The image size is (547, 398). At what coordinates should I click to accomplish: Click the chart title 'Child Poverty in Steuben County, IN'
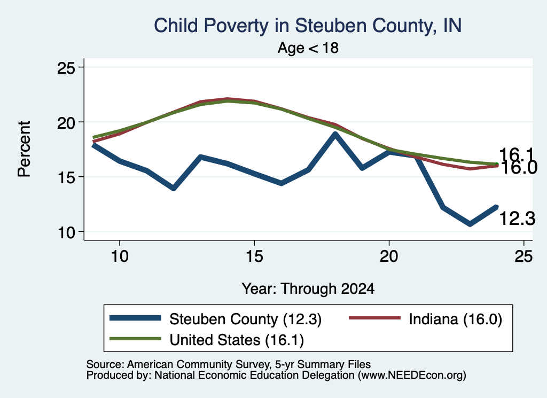coord(308,26)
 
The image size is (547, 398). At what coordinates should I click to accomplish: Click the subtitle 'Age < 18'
coord(308,48)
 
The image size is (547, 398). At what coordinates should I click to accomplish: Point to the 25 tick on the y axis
coord(66,67)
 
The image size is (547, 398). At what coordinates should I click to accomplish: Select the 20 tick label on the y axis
coord(66,122)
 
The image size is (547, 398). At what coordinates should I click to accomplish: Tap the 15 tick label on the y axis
coord(66,177)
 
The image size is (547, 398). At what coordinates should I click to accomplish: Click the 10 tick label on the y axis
coord(66,232)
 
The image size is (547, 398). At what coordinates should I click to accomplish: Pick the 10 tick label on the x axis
coord(120,256)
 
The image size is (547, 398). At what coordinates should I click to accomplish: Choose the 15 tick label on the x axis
coord(254,256)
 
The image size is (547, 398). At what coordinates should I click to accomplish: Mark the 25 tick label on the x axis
coord(523,256)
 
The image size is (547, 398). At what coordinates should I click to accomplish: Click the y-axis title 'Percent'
coord(24,149)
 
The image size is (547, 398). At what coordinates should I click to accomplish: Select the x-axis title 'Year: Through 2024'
coord(308,289)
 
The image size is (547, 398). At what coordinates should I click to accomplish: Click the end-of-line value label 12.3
coord(517,218)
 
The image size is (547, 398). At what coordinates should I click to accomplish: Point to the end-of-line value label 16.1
coord(517,155)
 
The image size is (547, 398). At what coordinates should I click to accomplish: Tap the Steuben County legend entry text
coord(245,319)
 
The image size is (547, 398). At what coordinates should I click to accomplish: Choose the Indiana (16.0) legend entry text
coord(455,319)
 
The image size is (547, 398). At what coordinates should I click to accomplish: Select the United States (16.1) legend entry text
coord(237,340)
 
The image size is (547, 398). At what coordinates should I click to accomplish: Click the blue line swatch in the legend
coord(135,317)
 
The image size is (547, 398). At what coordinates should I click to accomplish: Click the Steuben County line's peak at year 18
coord(335,134)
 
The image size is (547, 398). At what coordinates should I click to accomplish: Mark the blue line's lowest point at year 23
coord(470,224)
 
